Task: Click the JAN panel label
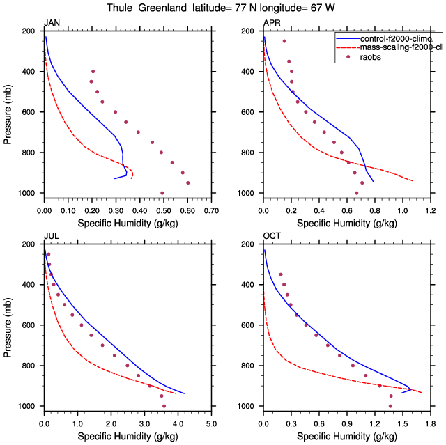[52, 24]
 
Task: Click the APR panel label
[272, 24]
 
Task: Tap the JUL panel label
[51, 237]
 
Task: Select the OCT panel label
[272, 237]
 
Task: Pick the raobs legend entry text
[370, 57]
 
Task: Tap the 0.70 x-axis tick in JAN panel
[210, 209]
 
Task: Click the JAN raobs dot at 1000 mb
[162, 193]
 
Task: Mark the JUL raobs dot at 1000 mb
[164, 406]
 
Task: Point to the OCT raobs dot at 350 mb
[281, 274]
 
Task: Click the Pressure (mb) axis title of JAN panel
[8, 112]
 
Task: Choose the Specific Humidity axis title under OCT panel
[346, 436]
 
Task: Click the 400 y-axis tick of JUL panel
[31, 285]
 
